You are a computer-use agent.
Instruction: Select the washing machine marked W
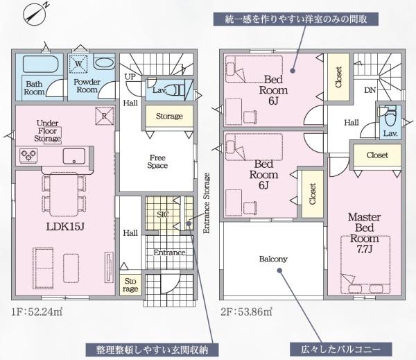[x=79, y=63]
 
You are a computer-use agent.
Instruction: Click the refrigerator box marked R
[x=104, y=117]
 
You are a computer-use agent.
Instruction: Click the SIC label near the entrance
[x=162, y=215]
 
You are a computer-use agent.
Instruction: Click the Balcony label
[x=273, y=259]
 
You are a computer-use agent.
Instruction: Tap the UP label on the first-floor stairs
[x=130, y=76]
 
